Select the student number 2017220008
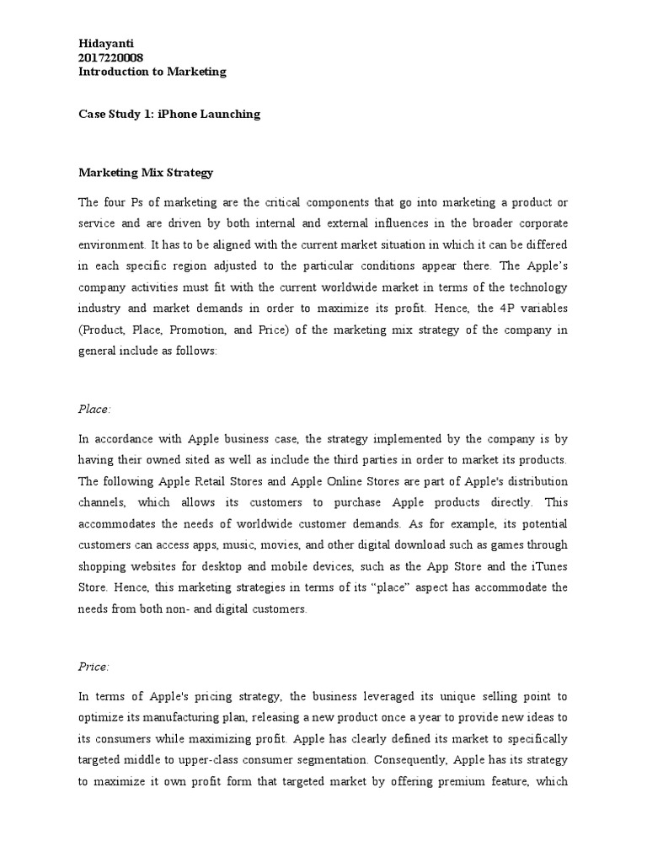(x=110, y=56)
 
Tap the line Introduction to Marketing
(x=152, y=72)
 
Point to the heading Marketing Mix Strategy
(x=146, y=173)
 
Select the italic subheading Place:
(x=94, y=409)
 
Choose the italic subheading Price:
(x=94, y=667)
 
